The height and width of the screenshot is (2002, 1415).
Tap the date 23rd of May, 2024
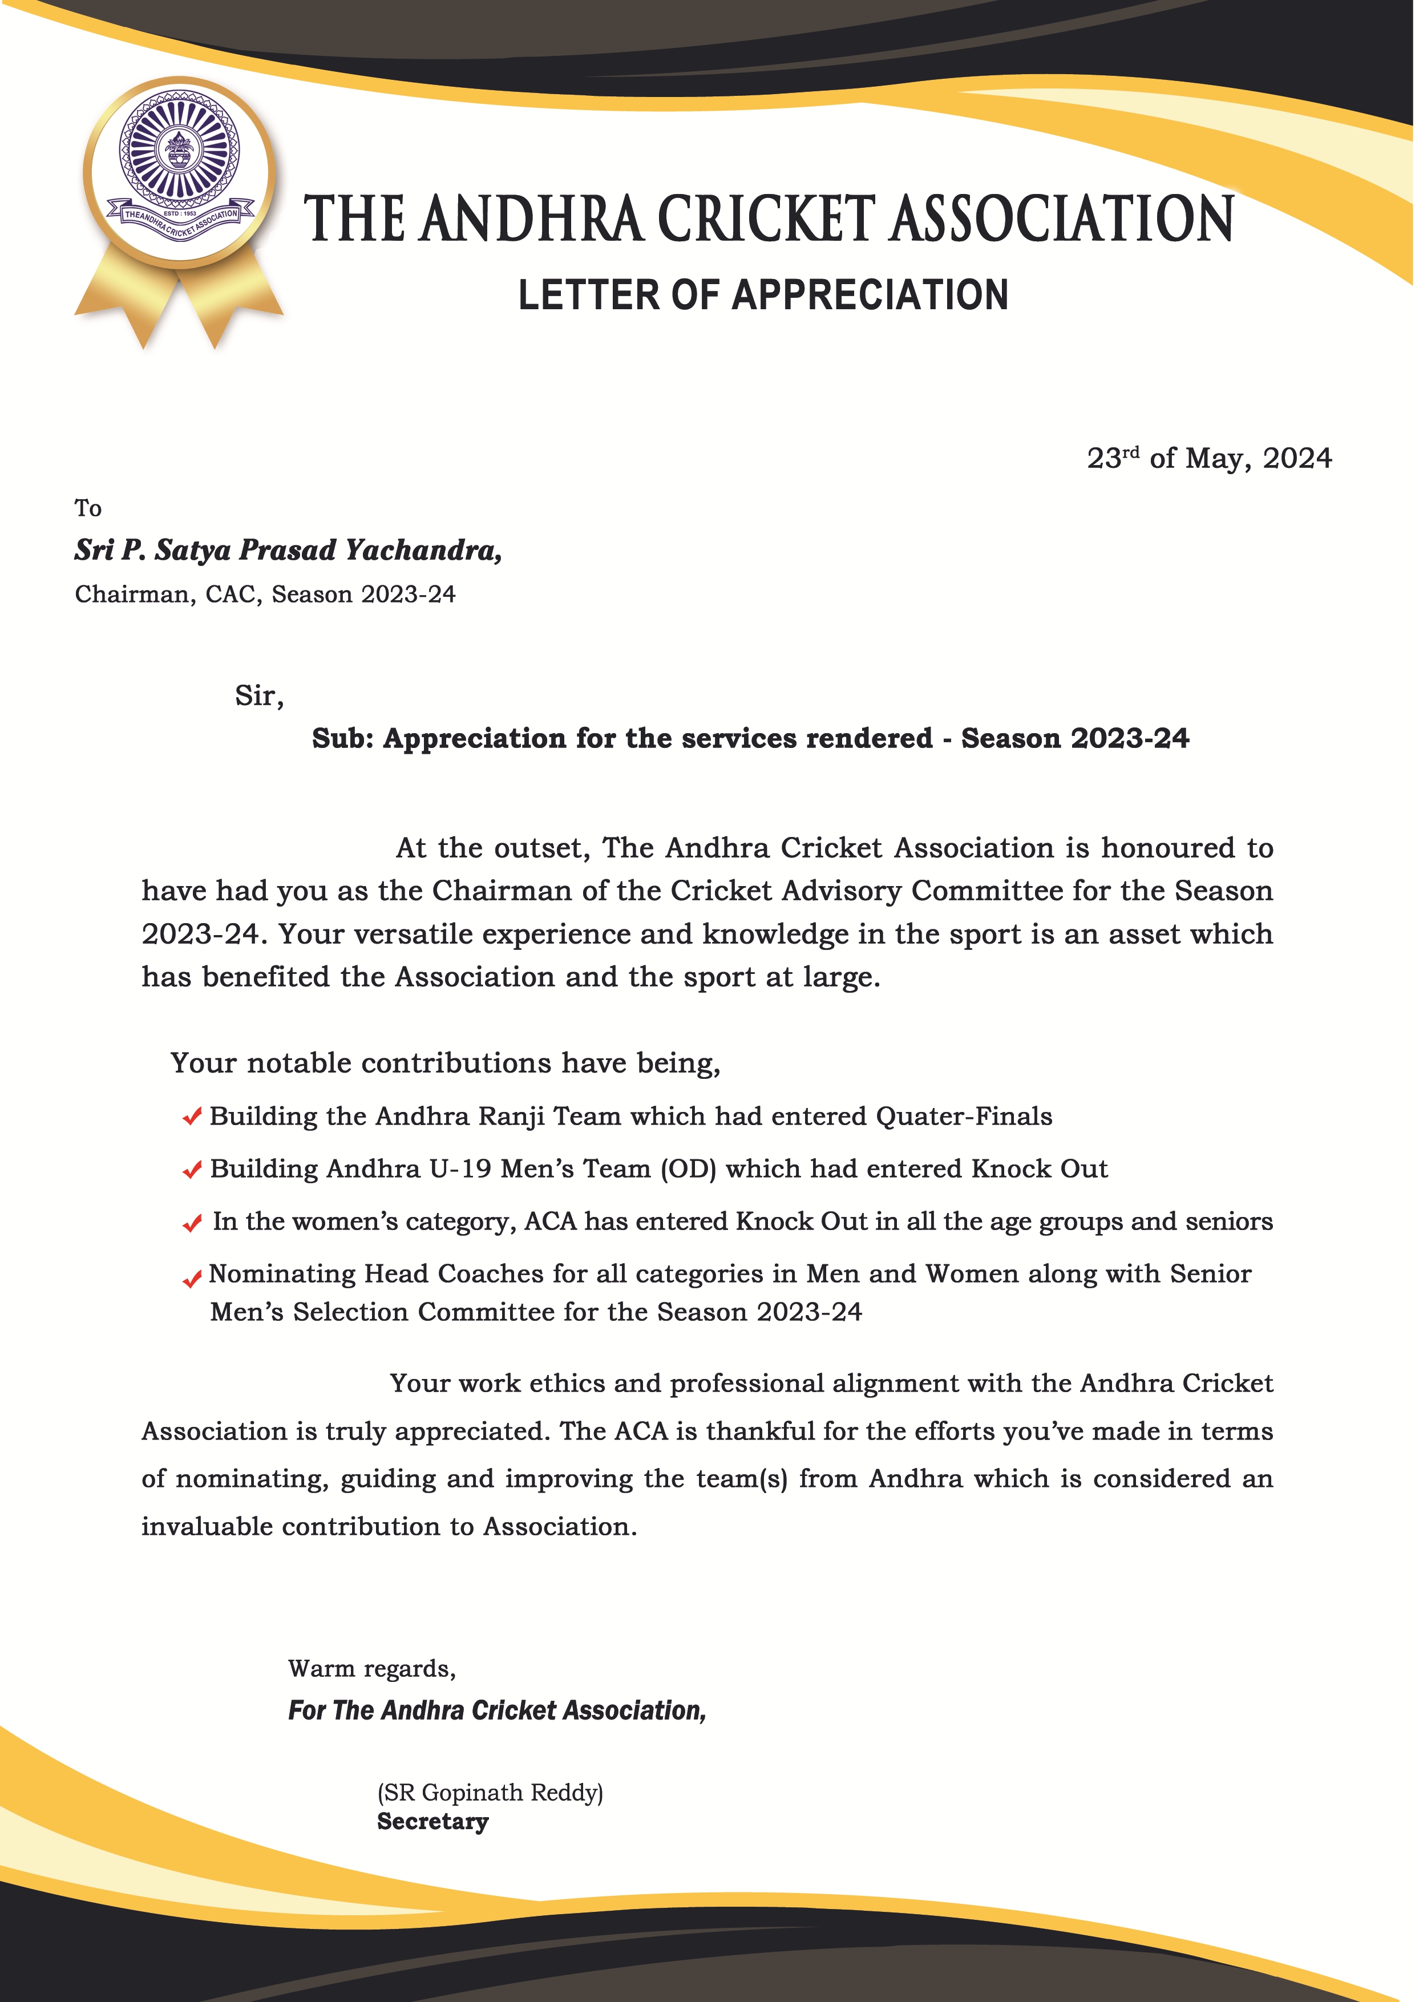click(x=1208, y=458)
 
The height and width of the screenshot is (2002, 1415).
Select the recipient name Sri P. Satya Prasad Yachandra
click(x=288, y=550)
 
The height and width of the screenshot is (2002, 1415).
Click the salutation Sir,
click(x=259, y=696)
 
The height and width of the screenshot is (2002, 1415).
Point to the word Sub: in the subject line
click(x=343, y=738)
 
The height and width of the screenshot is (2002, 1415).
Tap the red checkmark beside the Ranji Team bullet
click(x=192, y=1117)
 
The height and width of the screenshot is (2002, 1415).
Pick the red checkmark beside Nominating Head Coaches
click(x=192, y=1279)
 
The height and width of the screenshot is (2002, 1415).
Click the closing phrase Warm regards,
click(x=371, y=1668)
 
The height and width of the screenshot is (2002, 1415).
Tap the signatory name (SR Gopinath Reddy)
click(x=490, y=1792)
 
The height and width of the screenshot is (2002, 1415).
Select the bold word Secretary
click(x=432, y=1822)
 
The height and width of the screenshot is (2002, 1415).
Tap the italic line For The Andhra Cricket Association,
click(x=497, y=1710)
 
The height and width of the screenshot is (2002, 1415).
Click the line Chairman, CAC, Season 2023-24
click(x=265, y=594)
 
